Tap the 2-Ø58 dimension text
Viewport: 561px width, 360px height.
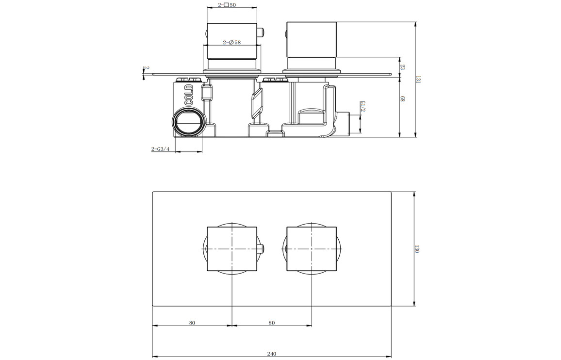(232, 42)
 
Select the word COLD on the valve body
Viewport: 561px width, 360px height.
(189, 95)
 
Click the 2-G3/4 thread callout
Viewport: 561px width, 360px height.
(160, 149)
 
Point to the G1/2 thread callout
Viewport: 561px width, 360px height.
(363, 106)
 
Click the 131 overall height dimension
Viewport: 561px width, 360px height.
(418, 80)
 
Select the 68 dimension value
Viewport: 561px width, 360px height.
(402, 99)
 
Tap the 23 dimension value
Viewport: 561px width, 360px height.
(402, 67)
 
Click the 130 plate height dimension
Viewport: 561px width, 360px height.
(417, 249)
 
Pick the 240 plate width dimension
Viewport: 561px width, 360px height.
(272, 354)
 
